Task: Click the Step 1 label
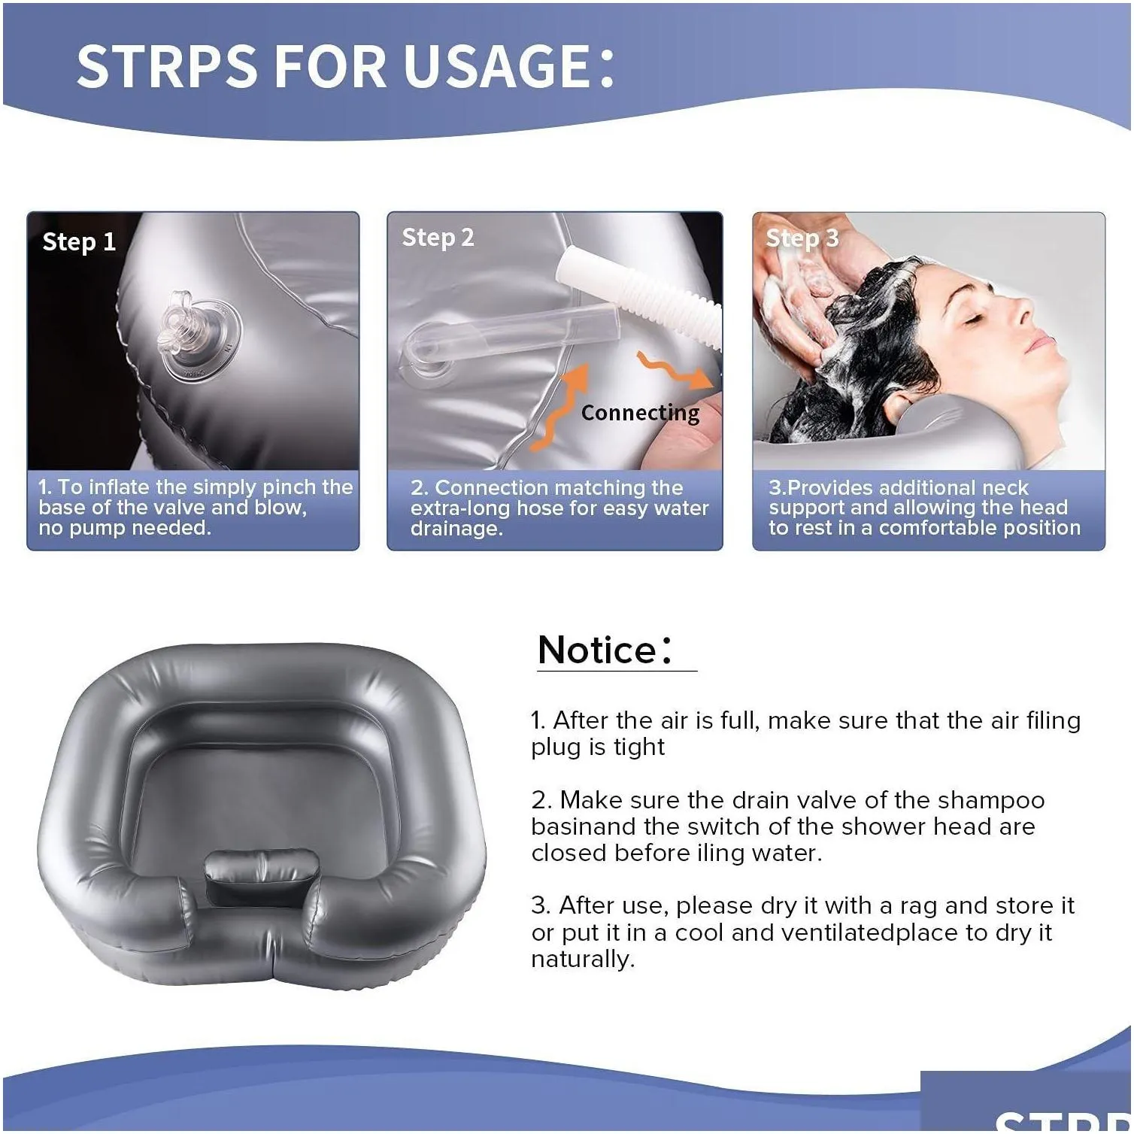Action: pyautogui.click(x=79, y=242)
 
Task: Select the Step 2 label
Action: pyautogui.click(x=438, y=238)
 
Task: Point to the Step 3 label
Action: pyautogui.click(x=802, y=238)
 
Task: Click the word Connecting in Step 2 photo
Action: pyautogui.click(x=640, y=413)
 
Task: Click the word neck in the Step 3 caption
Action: pyautogui.click(x=1002, y=488)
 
